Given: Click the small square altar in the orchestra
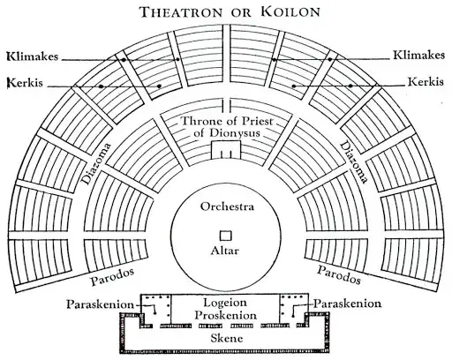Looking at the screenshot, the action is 226,236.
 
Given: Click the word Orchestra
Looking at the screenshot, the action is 227,206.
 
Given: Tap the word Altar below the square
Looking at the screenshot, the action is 225,251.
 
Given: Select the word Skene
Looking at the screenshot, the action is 227,338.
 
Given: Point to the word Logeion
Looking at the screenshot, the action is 225,303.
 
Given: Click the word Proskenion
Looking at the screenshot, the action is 225,315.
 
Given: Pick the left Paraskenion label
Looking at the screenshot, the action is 100,304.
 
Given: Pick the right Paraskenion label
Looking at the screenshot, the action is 347,304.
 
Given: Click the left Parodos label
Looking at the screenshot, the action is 112,276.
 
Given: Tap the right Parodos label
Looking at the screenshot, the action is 339,274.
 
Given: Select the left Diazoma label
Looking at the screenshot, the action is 96,163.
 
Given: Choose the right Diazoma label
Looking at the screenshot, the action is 354,162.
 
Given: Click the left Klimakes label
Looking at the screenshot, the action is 33,56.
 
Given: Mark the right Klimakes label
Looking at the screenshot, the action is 419,55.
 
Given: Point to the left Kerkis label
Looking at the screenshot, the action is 26,83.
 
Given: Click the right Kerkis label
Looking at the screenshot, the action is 426,81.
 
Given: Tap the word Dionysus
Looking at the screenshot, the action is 227,133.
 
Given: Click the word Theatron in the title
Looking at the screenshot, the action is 181,12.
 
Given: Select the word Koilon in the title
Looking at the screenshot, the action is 290,11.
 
